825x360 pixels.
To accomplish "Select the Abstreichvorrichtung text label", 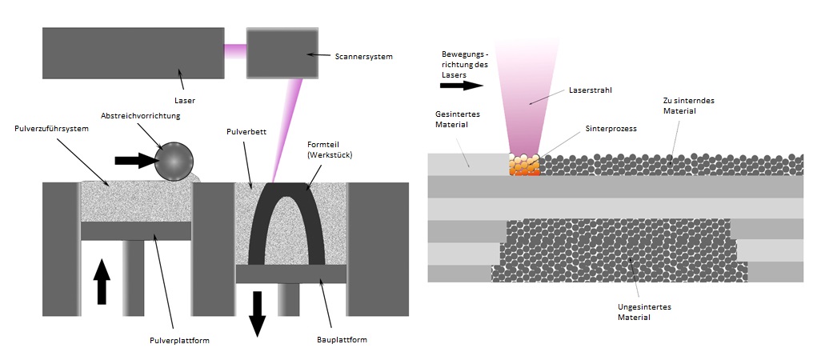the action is pos(141,116).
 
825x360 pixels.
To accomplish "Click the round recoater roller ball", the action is pos(174,161).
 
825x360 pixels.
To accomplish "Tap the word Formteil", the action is pos(318,146).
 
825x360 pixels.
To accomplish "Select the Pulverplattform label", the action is pos(179,340).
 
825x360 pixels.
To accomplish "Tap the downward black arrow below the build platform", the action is pos(257,314).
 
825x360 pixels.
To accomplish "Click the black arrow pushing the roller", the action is pos(134,160).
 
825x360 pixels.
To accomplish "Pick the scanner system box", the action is pos(282,53).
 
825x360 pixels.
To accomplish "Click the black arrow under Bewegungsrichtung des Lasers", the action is pos(462,86).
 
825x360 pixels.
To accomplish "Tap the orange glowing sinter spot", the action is pos(525,164).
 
